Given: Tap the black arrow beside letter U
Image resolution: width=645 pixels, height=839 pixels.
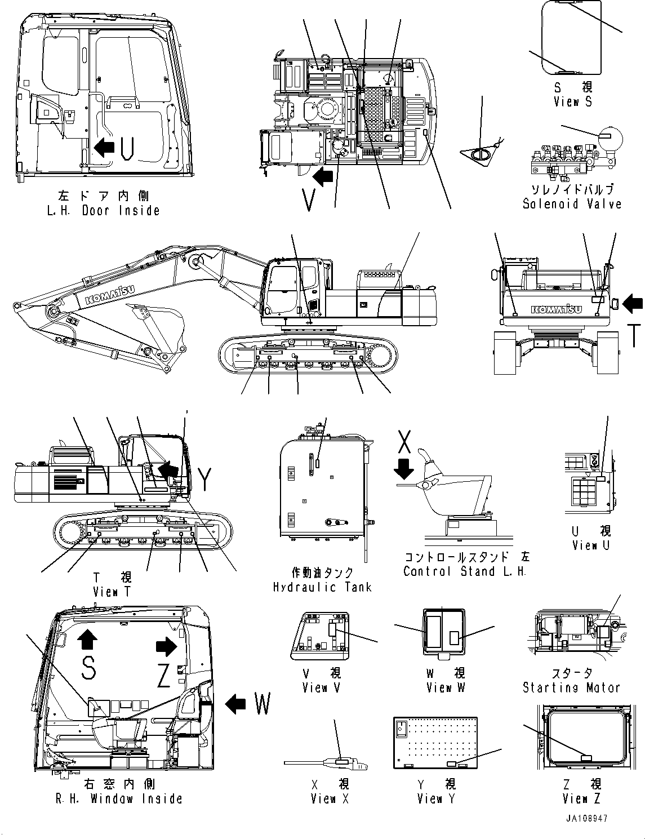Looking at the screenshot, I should (104, 148).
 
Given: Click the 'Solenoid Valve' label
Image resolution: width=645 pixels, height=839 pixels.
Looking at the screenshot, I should (572, 204).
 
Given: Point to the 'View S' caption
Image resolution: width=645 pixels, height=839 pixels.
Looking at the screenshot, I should (573, 102).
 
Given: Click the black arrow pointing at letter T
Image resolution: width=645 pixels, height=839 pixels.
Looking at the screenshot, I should (633, 304).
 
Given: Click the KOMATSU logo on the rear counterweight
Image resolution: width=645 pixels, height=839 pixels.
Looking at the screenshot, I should (556, 309).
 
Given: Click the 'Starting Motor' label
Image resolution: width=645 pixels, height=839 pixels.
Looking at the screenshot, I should (571, 687).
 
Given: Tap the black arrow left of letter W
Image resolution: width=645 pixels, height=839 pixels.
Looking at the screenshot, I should (236, 703).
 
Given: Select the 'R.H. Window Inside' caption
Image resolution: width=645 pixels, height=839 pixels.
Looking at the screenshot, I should (119, 798).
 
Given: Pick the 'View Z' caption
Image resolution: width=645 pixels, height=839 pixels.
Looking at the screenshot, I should (581, 798).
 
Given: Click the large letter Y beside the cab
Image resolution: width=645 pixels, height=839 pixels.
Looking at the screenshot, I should (205, 480).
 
